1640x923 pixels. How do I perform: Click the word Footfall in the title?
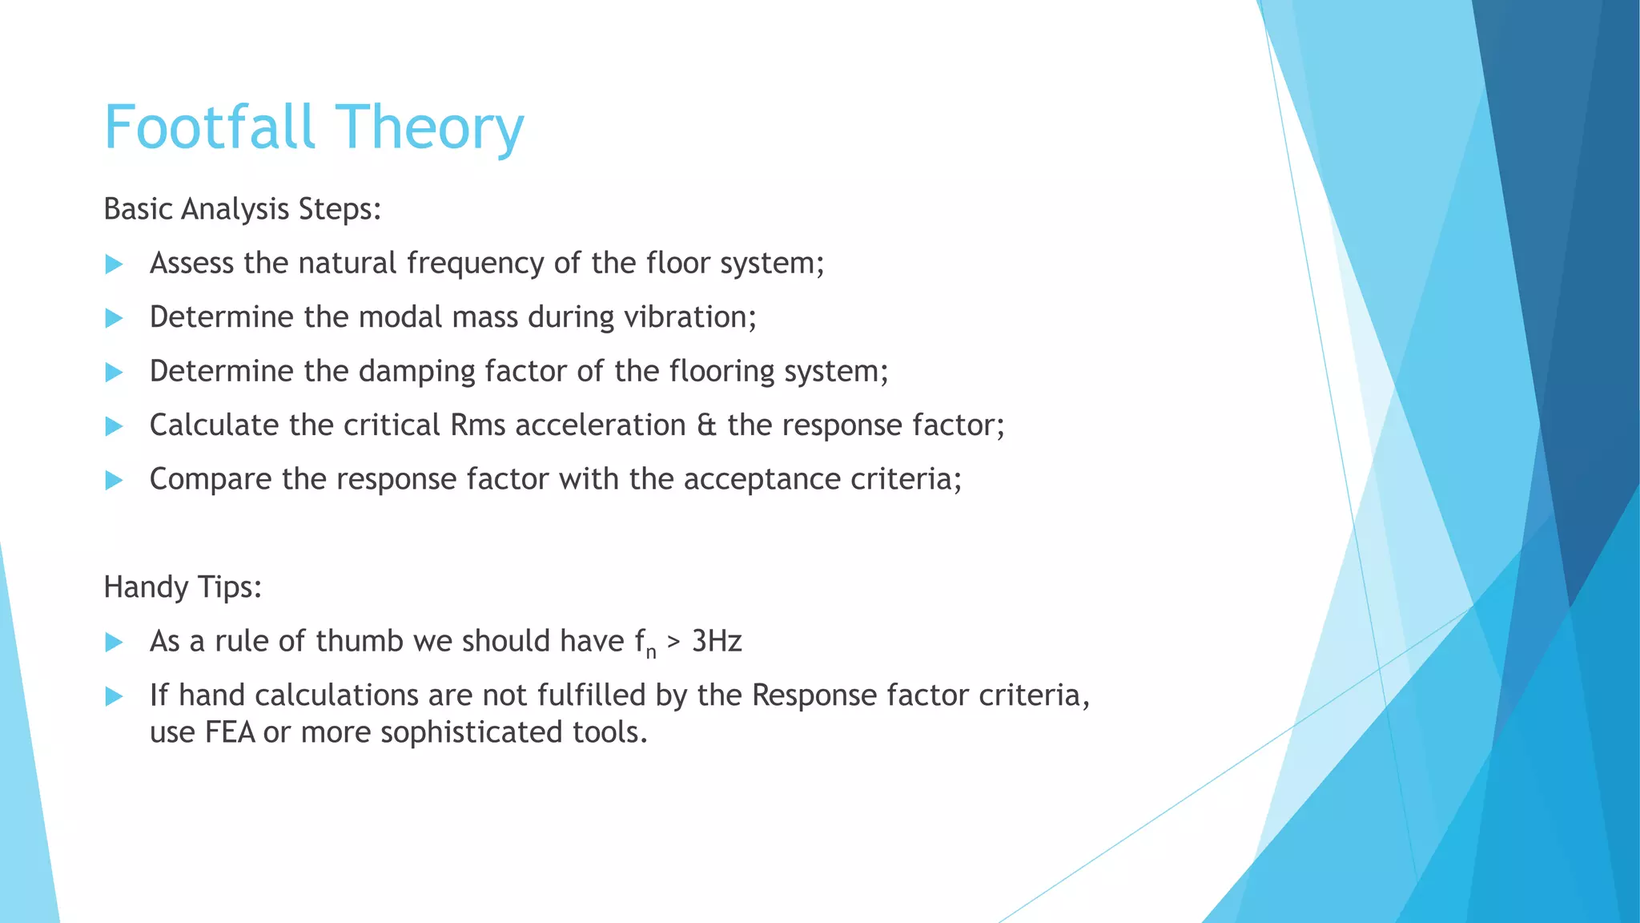[210, 127]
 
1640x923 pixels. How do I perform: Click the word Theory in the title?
[429, 128]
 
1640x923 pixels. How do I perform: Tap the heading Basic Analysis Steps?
[243, 209]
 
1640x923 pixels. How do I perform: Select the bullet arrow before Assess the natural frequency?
[115, 264]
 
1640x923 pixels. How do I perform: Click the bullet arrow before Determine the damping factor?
[115, 372]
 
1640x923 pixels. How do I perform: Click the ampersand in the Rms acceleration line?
[706, 425]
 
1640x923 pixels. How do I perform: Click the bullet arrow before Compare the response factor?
[115, 480]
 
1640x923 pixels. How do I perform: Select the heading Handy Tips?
[183, 587]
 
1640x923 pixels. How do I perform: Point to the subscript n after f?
[651, 653]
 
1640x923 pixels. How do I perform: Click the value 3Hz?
[717, 641]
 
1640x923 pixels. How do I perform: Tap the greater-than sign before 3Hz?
[673, 643]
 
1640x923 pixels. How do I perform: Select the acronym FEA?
[230, 732]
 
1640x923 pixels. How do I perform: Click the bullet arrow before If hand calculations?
[115, 695]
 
